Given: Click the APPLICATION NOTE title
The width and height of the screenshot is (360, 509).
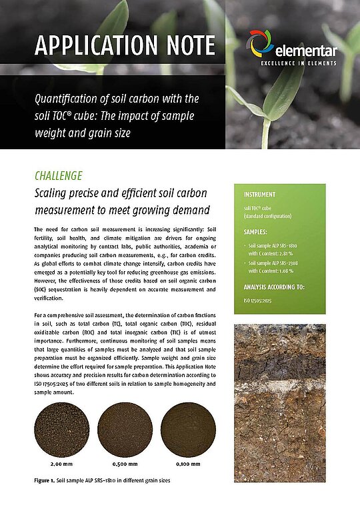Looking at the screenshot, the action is [125, 46].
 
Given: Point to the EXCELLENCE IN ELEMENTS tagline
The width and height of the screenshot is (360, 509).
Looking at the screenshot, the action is [298, 63].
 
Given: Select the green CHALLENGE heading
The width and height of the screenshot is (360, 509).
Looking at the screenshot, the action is [58, 176].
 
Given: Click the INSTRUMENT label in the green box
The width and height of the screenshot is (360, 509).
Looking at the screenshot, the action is [260, 195].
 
